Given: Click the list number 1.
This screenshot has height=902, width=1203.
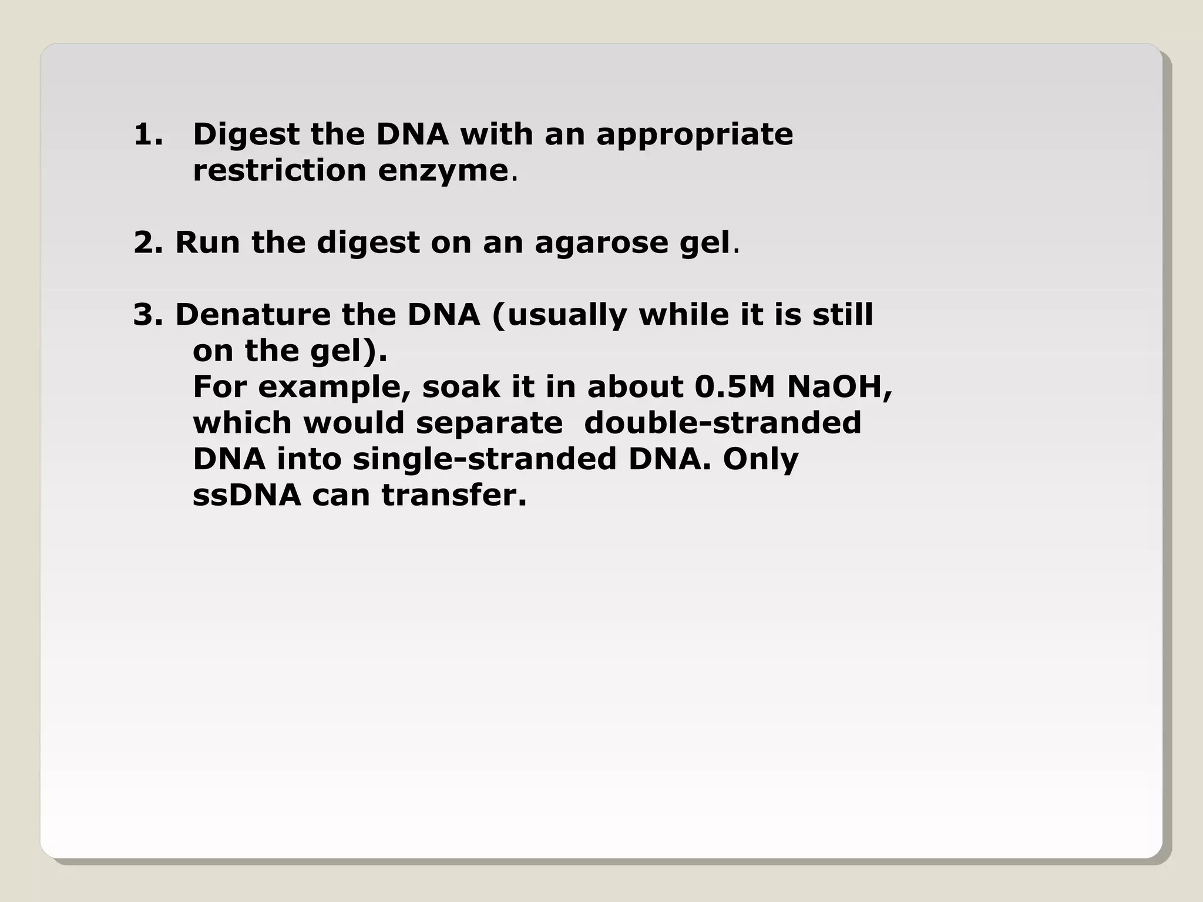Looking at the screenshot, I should tap(147, 134).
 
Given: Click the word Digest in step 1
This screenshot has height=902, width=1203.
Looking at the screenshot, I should tap(246, 136).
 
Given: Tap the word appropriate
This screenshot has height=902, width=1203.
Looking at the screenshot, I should tap(694, 136).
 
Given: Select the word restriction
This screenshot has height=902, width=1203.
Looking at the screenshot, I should tap(280, 171).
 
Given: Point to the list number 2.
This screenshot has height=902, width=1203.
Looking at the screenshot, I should tap(147, 243).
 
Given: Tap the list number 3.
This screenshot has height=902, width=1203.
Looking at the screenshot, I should tap(147, 315).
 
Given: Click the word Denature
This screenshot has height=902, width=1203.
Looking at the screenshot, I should tap(253, 315).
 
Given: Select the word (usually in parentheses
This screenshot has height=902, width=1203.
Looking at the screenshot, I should tap(560, 316).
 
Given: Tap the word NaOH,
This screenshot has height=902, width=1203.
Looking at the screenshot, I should tap(839, 388).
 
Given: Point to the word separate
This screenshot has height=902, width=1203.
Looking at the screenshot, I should tap(489, 424).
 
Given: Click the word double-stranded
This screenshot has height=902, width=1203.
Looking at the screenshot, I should tap(723, 423).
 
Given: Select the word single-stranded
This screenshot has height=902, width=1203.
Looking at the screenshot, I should tap(485, 459).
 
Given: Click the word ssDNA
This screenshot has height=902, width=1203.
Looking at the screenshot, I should tap(247, 495).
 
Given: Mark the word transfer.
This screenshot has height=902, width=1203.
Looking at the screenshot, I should tap(454, 495).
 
